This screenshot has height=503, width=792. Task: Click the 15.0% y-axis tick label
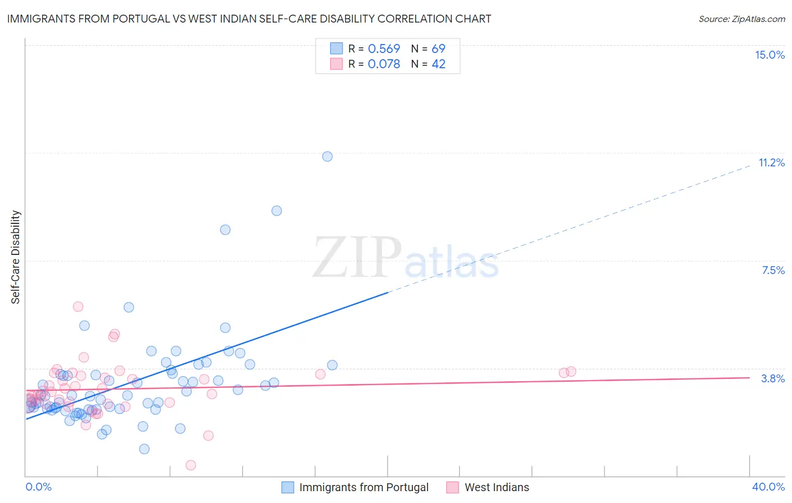(769, 55)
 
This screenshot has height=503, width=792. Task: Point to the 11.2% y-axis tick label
(771, 162)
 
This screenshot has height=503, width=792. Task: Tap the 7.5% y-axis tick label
(773, 270)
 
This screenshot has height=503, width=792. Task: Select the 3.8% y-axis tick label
(773, 378)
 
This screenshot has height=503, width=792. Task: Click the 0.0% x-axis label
(38, 487)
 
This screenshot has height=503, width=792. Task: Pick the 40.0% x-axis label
(768, 487)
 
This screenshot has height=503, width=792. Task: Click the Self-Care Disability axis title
(16, 257)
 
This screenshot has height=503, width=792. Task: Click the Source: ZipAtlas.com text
(741, 19)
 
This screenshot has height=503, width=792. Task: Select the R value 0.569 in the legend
(384, 48)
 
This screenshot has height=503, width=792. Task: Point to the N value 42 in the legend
(438, 64)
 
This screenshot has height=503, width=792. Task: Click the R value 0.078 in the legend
(384, 64)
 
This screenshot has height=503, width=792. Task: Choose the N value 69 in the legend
(438, 48)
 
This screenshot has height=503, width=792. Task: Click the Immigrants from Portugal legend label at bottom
(364, 487)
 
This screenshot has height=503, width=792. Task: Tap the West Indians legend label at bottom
(497, 487)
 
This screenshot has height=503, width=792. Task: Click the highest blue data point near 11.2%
(327, 156)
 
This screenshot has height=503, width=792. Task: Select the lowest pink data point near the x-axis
(191, 465)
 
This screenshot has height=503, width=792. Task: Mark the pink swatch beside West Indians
(452, 487)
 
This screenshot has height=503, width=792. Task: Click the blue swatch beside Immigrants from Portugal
(288, 487)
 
